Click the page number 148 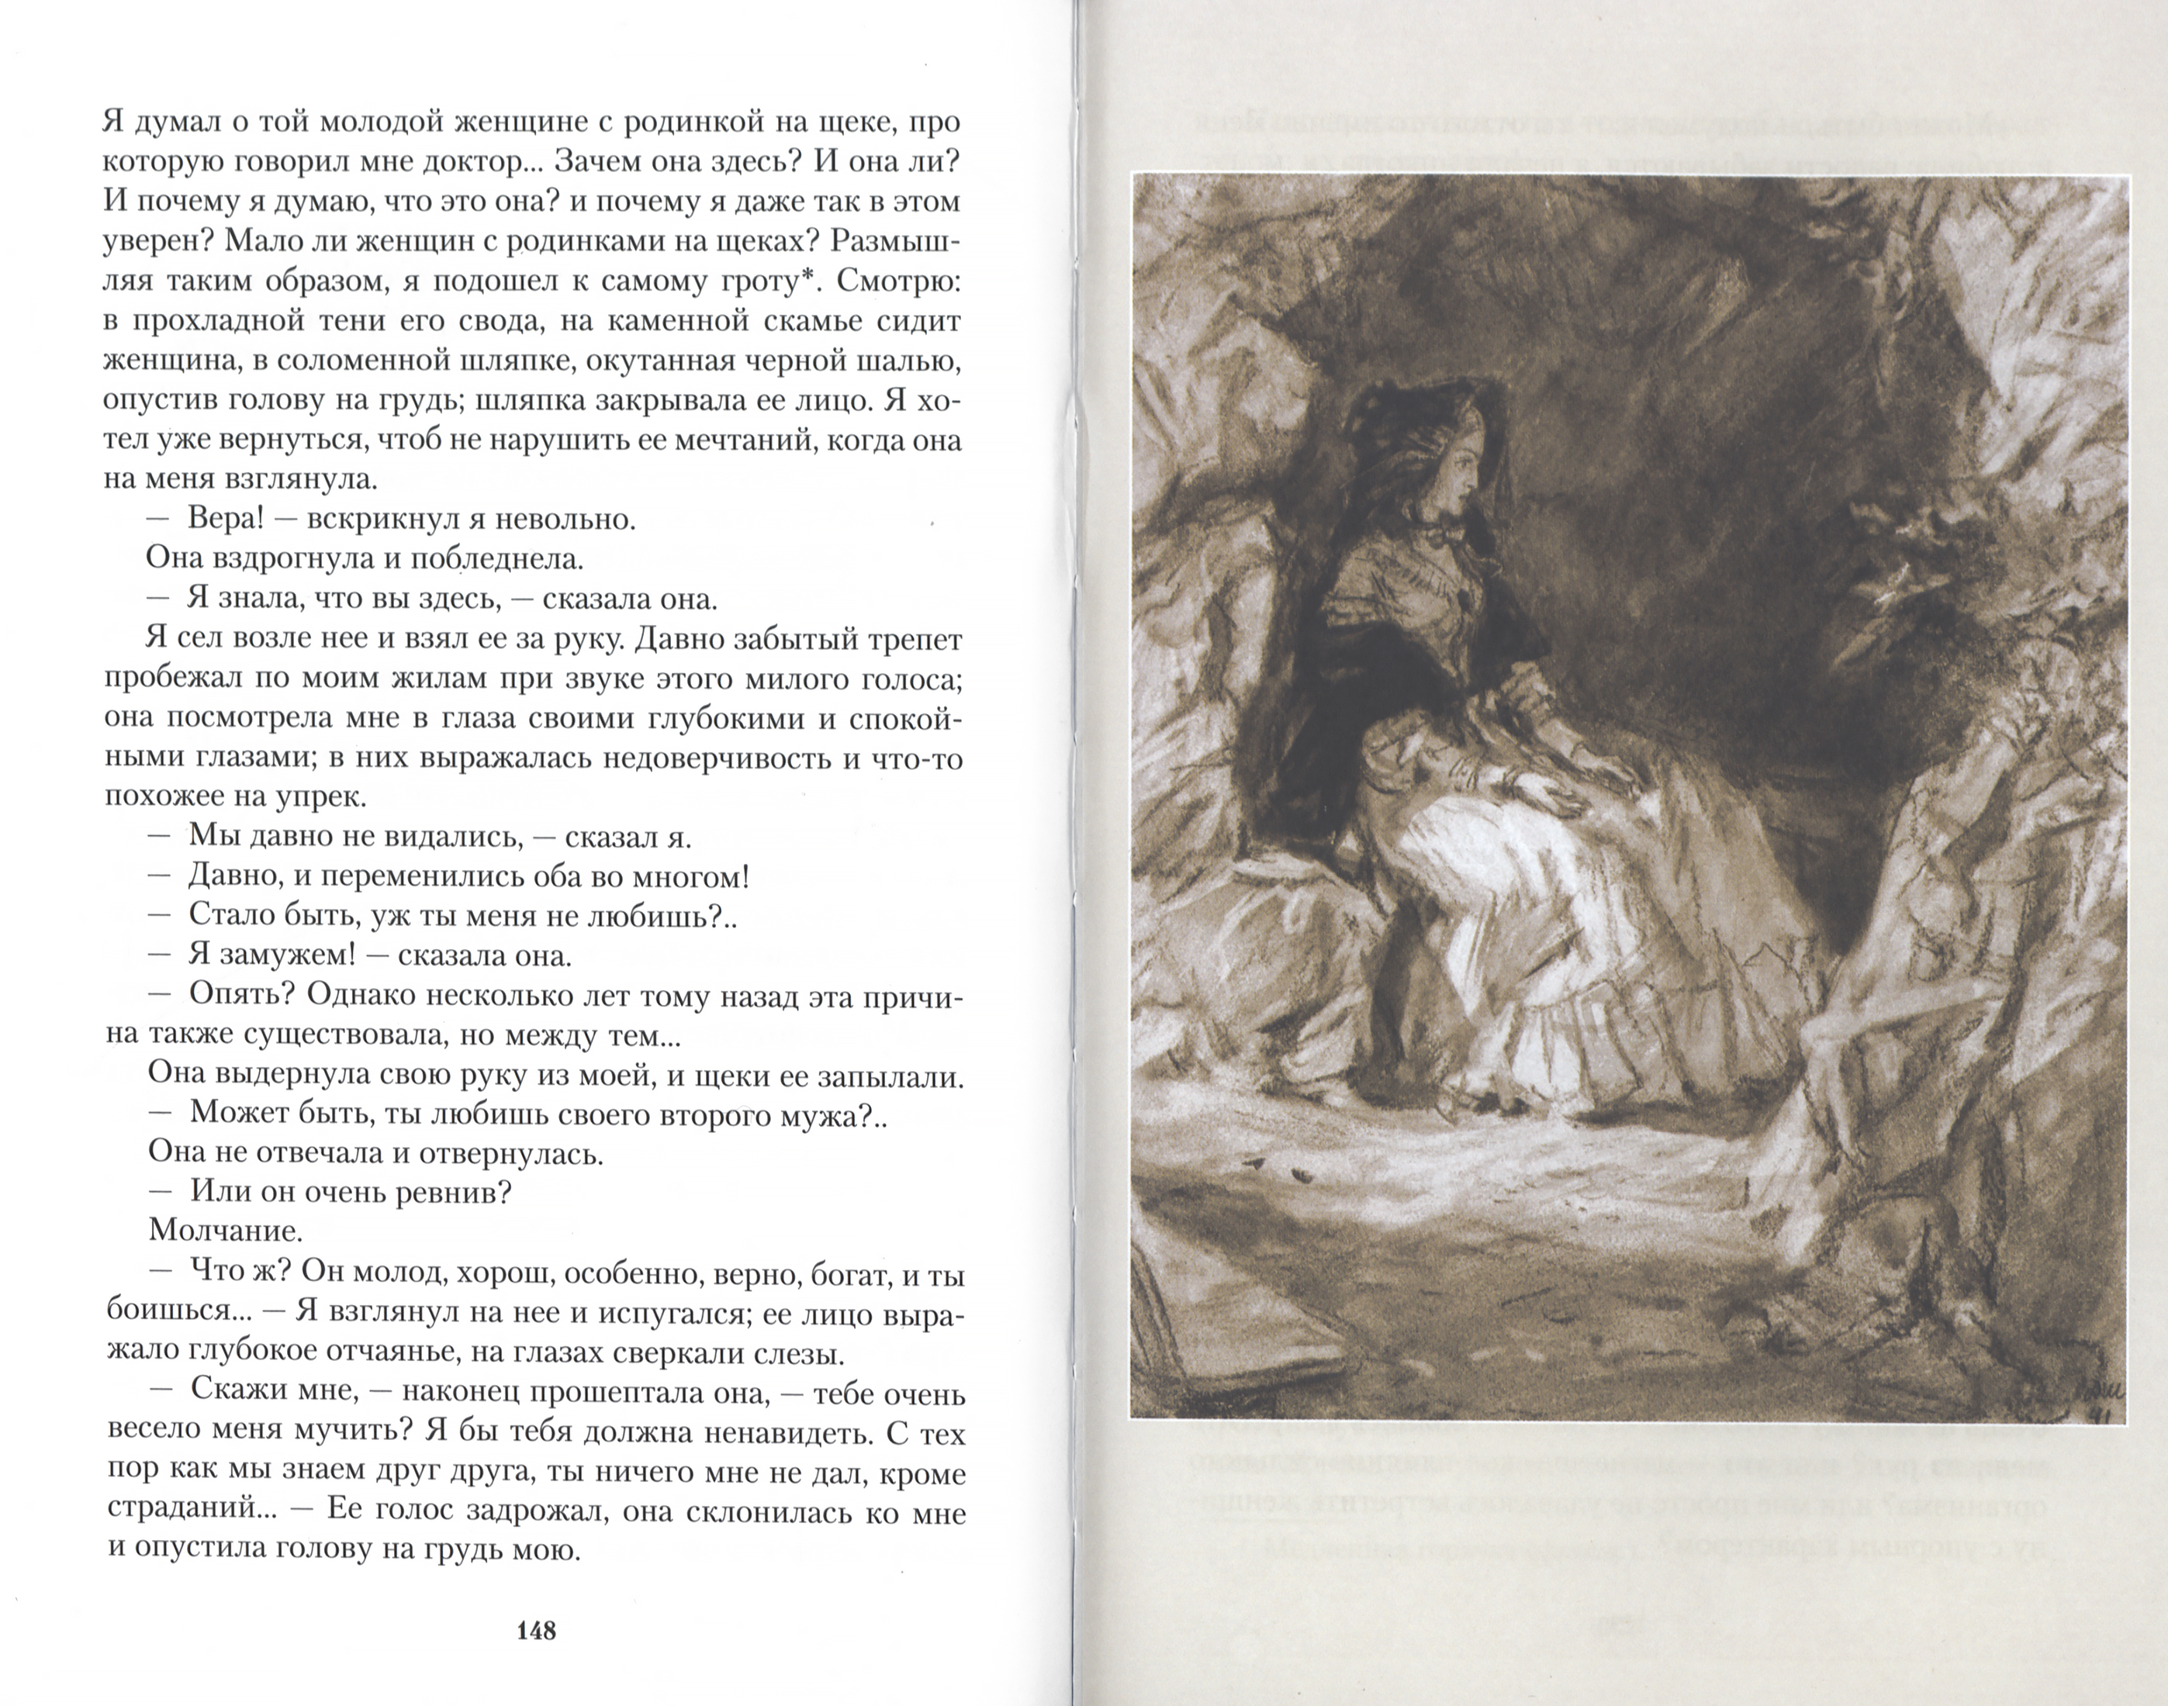[x=537, y=1631]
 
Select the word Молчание [x=226, y=1228]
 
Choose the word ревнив [x=455, y=1190]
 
